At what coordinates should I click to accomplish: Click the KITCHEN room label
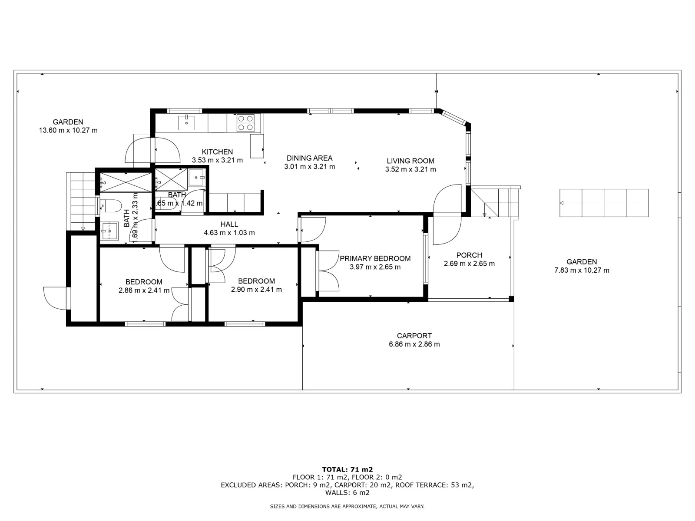tap(217, 152)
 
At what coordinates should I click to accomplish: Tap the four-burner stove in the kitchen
tap(245, 123)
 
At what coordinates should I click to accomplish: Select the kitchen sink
tap(186, 123)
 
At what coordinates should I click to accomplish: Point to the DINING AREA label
tap(309, 158)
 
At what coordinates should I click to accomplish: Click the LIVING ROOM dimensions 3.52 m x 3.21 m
tap(410, 170)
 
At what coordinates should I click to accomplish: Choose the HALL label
tap(229, 224)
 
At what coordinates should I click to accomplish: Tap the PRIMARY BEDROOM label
tap(375, 258)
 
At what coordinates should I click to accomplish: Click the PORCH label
tap(469, 255)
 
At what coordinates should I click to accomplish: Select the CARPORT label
tap(414, 336)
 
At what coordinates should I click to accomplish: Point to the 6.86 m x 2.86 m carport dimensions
tap(414, 344)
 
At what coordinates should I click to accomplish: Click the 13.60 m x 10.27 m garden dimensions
tap(68, 130)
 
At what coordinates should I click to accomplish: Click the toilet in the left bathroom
tap(111, 206)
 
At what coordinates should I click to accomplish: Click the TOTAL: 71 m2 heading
tap(347, 469)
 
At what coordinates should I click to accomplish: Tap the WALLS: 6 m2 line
tap(347, 492)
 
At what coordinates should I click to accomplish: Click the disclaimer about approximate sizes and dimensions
tap(347, 506)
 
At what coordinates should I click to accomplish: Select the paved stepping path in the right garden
tap(604, 203)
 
